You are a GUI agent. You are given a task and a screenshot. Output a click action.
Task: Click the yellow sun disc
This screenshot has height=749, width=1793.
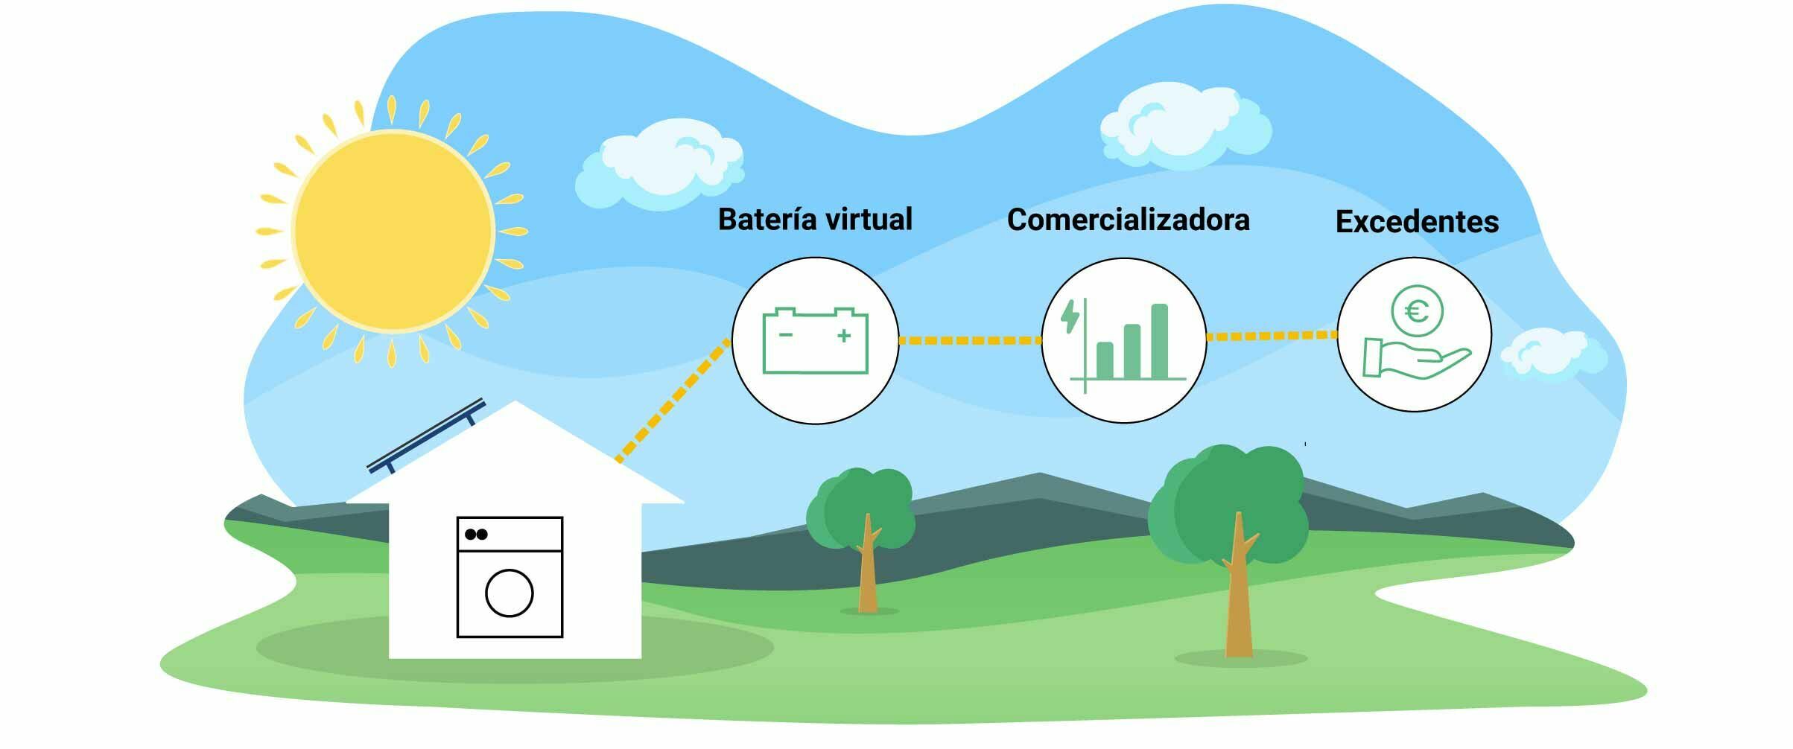(x=393, y=231)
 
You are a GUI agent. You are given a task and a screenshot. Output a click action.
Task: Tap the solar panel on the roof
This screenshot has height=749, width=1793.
(x=427, y=436)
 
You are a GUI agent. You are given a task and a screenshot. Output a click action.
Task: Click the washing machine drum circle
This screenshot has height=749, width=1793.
(x=510, y=593)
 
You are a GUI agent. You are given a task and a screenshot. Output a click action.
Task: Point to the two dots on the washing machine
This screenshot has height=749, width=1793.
(x=476, y=534)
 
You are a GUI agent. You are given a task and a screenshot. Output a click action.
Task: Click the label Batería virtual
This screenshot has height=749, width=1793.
(x=815, y=220)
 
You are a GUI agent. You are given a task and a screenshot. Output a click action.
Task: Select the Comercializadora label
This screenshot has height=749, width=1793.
(x=1128, y=220)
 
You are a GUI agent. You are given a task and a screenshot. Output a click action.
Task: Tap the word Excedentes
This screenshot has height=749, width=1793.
(x=1417, y=222)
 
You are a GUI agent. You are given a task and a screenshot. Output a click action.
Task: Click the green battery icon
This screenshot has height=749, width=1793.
(x=815, y=341)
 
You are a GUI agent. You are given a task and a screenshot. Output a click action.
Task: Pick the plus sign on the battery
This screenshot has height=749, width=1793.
(x=844, y=336)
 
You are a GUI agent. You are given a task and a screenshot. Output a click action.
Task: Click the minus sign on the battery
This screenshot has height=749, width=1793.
(x=785, y=335)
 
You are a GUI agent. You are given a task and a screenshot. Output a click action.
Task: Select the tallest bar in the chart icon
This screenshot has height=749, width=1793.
(x=1159, y=341)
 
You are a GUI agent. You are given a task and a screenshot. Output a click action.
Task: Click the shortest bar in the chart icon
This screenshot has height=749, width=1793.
(x=1105, y=360)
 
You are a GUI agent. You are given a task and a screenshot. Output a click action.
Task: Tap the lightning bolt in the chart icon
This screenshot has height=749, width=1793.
(x=1070, y=316)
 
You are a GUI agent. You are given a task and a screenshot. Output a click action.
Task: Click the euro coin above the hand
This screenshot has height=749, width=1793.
(x=1417, y=311)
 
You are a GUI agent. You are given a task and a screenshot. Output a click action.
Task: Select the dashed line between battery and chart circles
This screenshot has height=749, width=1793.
(x=970, y=341)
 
